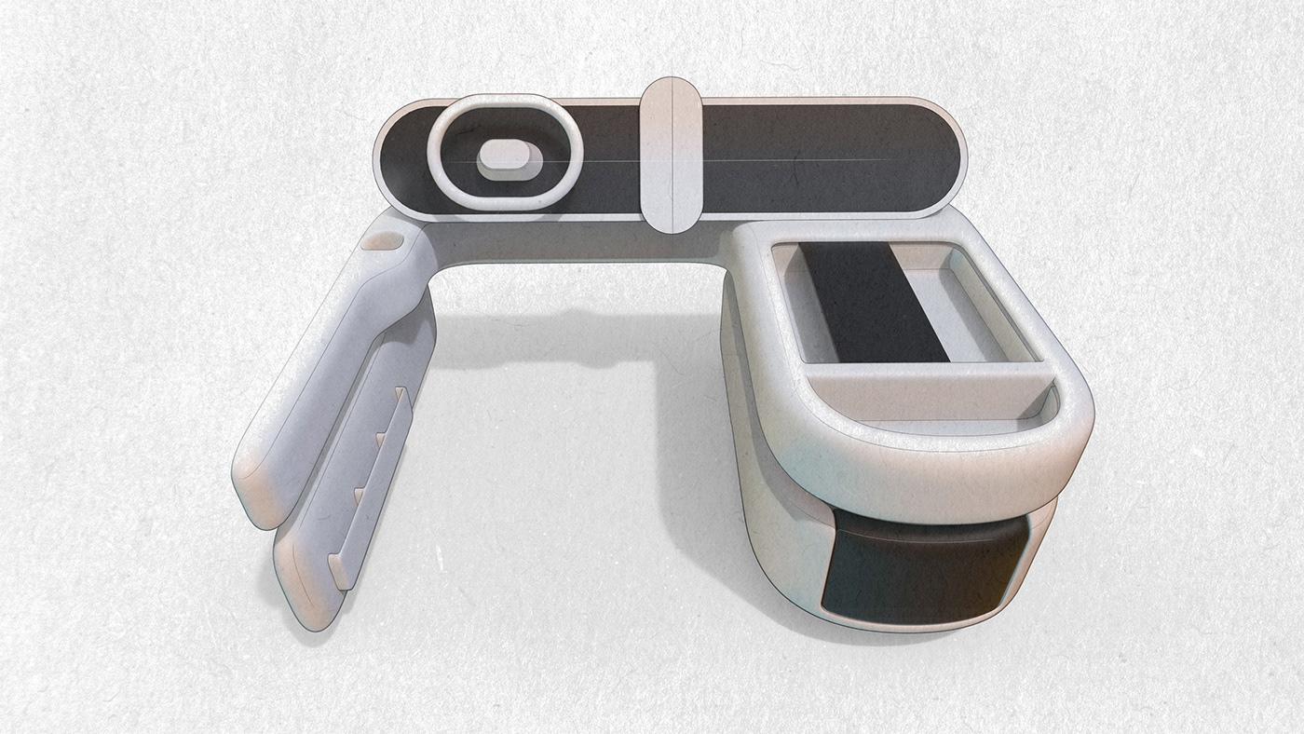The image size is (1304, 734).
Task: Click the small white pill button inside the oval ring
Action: coord(509,156)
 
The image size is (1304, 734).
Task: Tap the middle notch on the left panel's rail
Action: coord(382,435)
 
